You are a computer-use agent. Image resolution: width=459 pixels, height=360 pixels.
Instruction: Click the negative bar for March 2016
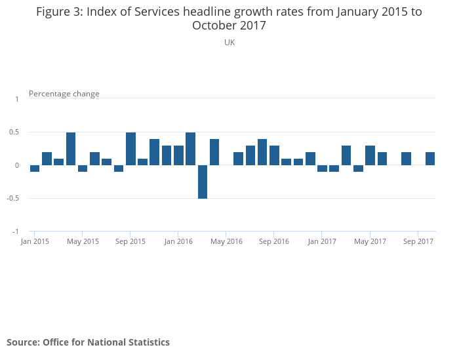click(x=203, y=182)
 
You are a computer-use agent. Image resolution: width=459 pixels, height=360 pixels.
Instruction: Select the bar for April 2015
click(x=71, y=149)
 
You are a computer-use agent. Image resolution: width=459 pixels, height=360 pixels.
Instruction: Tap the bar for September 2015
click(x=130, y=149)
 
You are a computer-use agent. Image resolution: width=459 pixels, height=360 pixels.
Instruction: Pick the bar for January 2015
click(x=35, y=169)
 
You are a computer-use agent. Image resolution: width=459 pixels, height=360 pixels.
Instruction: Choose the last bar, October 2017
click(x=430, y=159)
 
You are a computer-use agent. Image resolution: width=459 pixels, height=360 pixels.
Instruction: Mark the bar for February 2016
click(x=190, y=149)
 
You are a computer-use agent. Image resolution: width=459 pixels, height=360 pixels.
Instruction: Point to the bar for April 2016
click(x=214, y=152)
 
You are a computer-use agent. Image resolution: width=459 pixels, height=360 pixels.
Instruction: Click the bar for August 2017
click(x=406, y=159)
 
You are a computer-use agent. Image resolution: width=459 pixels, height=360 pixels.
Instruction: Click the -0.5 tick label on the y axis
click(x=14, y=199)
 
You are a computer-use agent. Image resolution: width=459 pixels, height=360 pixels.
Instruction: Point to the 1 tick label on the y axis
click(x=17, y=99)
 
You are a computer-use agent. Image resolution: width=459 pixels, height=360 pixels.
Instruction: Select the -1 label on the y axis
click(x=16, y=232)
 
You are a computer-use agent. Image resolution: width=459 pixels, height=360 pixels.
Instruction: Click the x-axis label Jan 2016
click(x=178, y=242)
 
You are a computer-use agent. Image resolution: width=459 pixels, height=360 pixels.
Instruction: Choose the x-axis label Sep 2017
click(x=418, y=242)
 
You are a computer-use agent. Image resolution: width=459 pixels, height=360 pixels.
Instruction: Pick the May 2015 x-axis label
click(x=83, y=242)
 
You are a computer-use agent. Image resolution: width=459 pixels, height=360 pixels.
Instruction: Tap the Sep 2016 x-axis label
click(x=274, y=242)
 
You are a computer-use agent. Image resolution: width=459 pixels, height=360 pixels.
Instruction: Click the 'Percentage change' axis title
click(x=64, y=94)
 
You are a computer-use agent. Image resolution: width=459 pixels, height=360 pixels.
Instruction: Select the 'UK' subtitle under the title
click(x=229, y=43)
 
